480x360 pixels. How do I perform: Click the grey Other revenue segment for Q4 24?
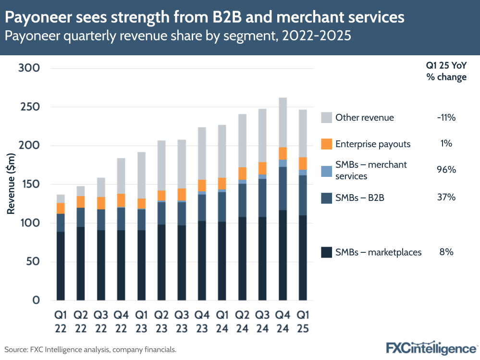tap(283, 122)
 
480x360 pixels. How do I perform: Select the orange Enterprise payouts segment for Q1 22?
tap(61, 208)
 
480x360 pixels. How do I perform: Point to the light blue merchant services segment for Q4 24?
tap(283, 163)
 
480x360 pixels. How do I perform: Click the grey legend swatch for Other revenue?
tap(326, 118)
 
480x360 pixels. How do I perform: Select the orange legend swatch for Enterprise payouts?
tap(326, 143)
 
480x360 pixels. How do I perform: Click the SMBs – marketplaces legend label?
tap(378, 252)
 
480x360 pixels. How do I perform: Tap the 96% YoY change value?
tap(446, 170)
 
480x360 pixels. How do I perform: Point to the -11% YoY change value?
tap(446, 118)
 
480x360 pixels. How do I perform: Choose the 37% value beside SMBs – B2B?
tap(446, 197)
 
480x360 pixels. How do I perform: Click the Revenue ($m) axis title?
tap(11, 184)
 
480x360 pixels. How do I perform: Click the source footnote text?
tap(91, 349)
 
